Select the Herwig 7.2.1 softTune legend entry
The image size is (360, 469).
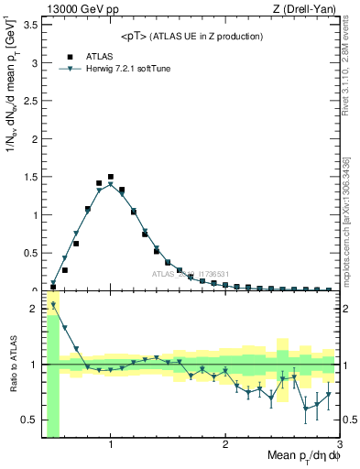coord(123,68)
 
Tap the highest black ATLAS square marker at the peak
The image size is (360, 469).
coord(111,177)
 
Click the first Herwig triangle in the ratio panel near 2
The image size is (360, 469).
coord(53,305)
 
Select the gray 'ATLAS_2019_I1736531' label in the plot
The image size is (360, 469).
coord(191,274)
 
